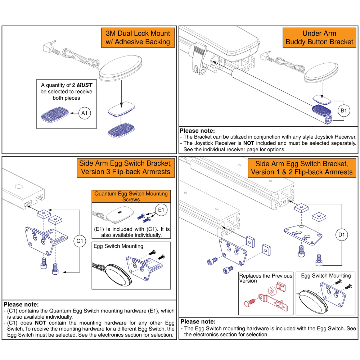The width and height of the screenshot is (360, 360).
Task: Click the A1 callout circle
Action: (84, 113)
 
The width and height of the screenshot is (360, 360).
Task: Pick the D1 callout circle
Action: (342, 235)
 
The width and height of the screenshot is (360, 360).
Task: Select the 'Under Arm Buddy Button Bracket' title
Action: (319, 37)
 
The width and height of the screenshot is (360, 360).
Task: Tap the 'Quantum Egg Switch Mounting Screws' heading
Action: (131, 196)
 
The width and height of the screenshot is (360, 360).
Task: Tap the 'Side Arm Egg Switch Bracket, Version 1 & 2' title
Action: (302, 168)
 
